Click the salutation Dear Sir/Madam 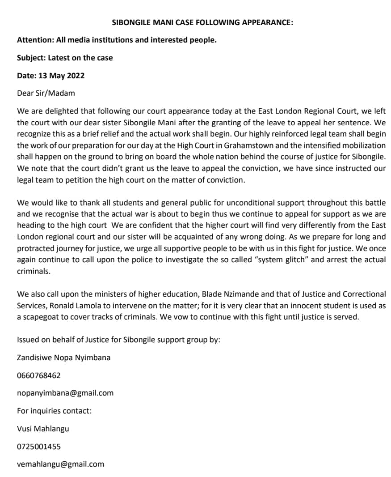(x=46, y=93)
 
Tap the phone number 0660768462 (x=39, y=375)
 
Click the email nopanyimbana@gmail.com (x=65, y=393)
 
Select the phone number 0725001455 (x=39, y=447)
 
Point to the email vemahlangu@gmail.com (x=60, y=464)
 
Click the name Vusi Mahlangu (x=43, y=429)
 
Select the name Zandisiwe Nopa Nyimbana (x=63, y=358)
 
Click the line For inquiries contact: (x=54, y=411)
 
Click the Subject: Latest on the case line (x=65, y=58)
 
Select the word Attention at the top (x=35, y=40)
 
